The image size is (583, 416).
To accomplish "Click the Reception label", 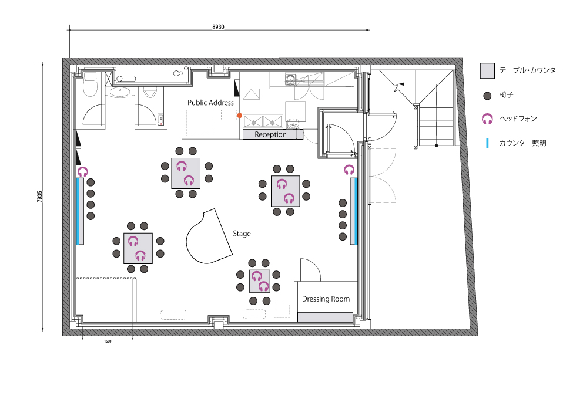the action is point(270,134).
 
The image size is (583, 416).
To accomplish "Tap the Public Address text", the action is point(210,103).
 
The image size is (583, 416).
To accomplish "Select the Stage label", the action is point(242,234).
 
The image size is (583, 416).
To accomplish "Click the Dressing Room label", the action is point(326,299).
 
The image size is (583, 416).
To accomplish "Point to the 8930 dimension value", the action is point(218,27).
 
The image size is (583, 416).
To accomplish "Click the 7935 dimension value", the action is point(40,197).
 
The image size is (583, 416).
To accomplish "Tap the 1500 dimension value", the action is point(108,341).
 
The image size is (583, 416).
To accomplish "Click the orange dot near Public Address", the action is point(239,116).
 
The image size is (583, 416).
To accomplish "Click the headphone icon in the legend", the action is point(487,119).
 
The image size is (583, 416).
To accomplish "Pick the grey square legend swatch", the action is point(487,70).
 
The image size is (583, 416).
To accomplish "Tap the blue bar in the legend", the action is point(487,143).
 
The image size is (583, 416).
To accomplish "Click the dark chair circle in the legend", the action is point(487,96).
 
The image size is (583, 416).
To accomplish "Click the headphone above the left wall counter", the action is point(82,171).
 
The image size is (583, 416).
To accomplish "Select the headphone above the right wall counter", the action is point(349,170).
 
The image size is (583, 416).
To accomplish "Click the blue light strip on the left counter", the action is point(78,211).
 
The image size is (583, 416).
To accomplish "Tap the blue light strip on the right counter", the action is point(356,211).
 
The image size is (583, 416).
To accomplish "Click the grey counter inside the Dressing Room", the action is point(326,317).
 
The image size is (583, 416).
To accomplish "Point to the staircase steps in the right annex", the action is point(436,126).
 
